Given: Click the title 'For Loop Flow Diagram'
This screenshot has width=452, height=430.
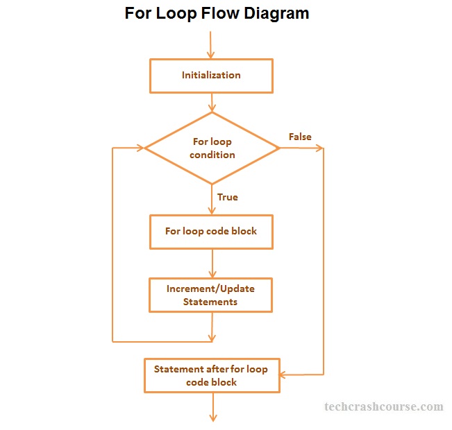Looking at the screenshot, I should [217, 13].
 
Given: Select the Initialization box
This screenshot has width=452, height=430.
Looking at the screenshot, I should [211, 76].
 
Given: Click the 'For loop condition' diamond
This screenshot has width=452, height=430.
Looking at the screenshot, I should [212, 148].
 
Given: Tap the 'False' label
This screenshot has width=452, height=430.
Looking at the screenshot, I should [300, 137].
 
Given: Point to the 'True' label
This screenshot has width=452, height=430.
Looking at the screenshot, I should [227, 197].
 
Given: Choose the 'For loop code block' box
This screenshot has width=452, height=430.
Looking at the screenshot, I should [211, 231].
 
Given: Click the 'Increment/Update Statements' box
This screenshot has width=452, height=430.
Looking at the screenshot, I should [211, 295].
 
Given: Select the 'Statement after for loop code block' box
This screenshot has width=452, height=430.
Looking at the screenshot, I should [211, 375].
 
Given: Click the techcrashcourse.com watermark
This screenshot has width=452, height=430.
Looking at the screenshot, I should [383, 406].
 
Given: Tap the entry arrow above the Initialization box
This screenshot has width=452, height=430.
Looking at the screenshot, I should [212, 47].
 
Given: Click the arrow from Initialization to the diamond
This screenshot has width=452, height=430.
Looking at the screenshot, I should [212, 102].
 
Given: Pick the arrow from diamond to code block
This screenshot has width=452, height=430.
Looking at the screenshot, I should [212, 201].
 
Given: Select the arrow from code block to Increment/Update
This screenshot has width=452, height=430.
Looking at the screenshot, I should [212, 264].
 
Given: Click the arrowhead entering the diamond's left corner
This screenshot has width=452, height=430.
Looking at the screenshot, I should [148, 148].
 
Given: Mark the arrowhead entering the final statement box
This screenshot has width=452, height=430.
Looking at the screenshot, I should [283, 375].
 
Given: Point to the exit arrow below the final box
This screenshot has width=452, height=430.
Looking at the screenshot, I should [212, 408].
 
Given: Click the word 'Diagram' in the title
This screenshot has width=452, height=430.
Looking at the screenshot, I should [276, 13].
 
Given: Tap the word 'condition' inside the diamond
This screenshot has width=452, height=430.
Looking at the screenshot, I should [212, 155].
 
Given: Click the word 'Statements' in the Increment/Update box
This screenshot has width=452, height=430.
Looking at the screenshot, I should [210, 302].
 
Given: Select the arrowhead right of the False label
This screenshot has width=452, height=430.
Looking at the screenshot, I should [319, 148].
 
